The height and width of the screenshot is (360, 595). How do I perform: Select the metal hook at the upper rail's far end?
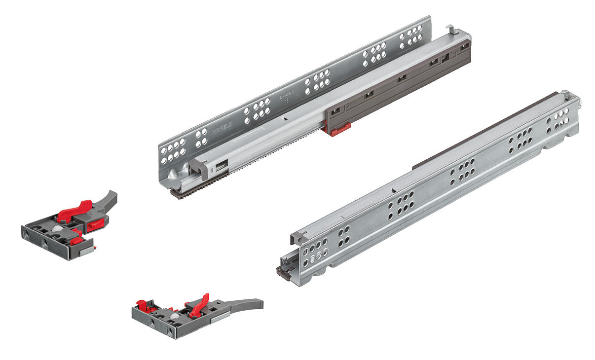pyautogui.click(x=452, y=31)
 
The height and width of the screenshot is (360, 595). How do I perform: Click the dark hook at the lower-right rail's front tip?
pyautogui.click(x=282, y=271)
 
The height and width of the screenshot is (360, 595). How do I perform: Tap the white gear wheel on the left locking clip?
pyautogui.click(x=58, y=230)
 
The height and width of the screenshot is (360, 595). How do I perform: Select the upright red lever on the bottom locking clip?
pyautogui.click(x=199, y=306)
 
